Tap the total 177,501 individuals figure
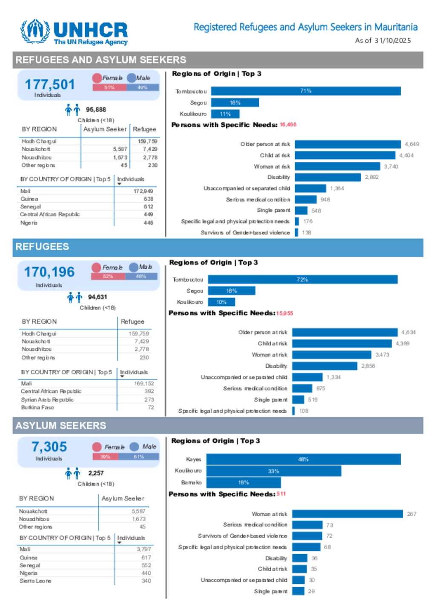tap(49, 84)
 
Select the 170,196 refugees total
tap(49, 272)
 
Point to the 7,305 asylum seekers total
tap(49, 447)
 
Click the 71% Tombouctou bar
tap(306, 91)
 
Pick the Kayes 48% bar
tap(303, 459)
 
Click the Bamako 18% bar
tap(244, 483)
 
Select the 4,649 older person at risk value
tap(412, 144)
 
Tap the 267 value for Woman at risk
tap(411, 514)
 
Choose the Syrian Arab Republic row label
tap(47, 400)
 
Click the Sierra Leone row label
tap(35, 581)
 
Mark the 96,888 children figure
tap(96, 110)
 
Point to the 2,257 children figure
tap(96, 473)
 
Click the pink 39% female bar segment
tap(105, 457)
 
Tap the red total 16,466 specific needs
tap(288, 125)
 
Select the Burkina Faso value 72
tap(151, 408)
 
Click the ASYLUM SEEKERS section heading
tap(61, 425)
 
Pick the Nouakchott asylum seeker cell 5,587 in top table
tap(120, 149)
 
